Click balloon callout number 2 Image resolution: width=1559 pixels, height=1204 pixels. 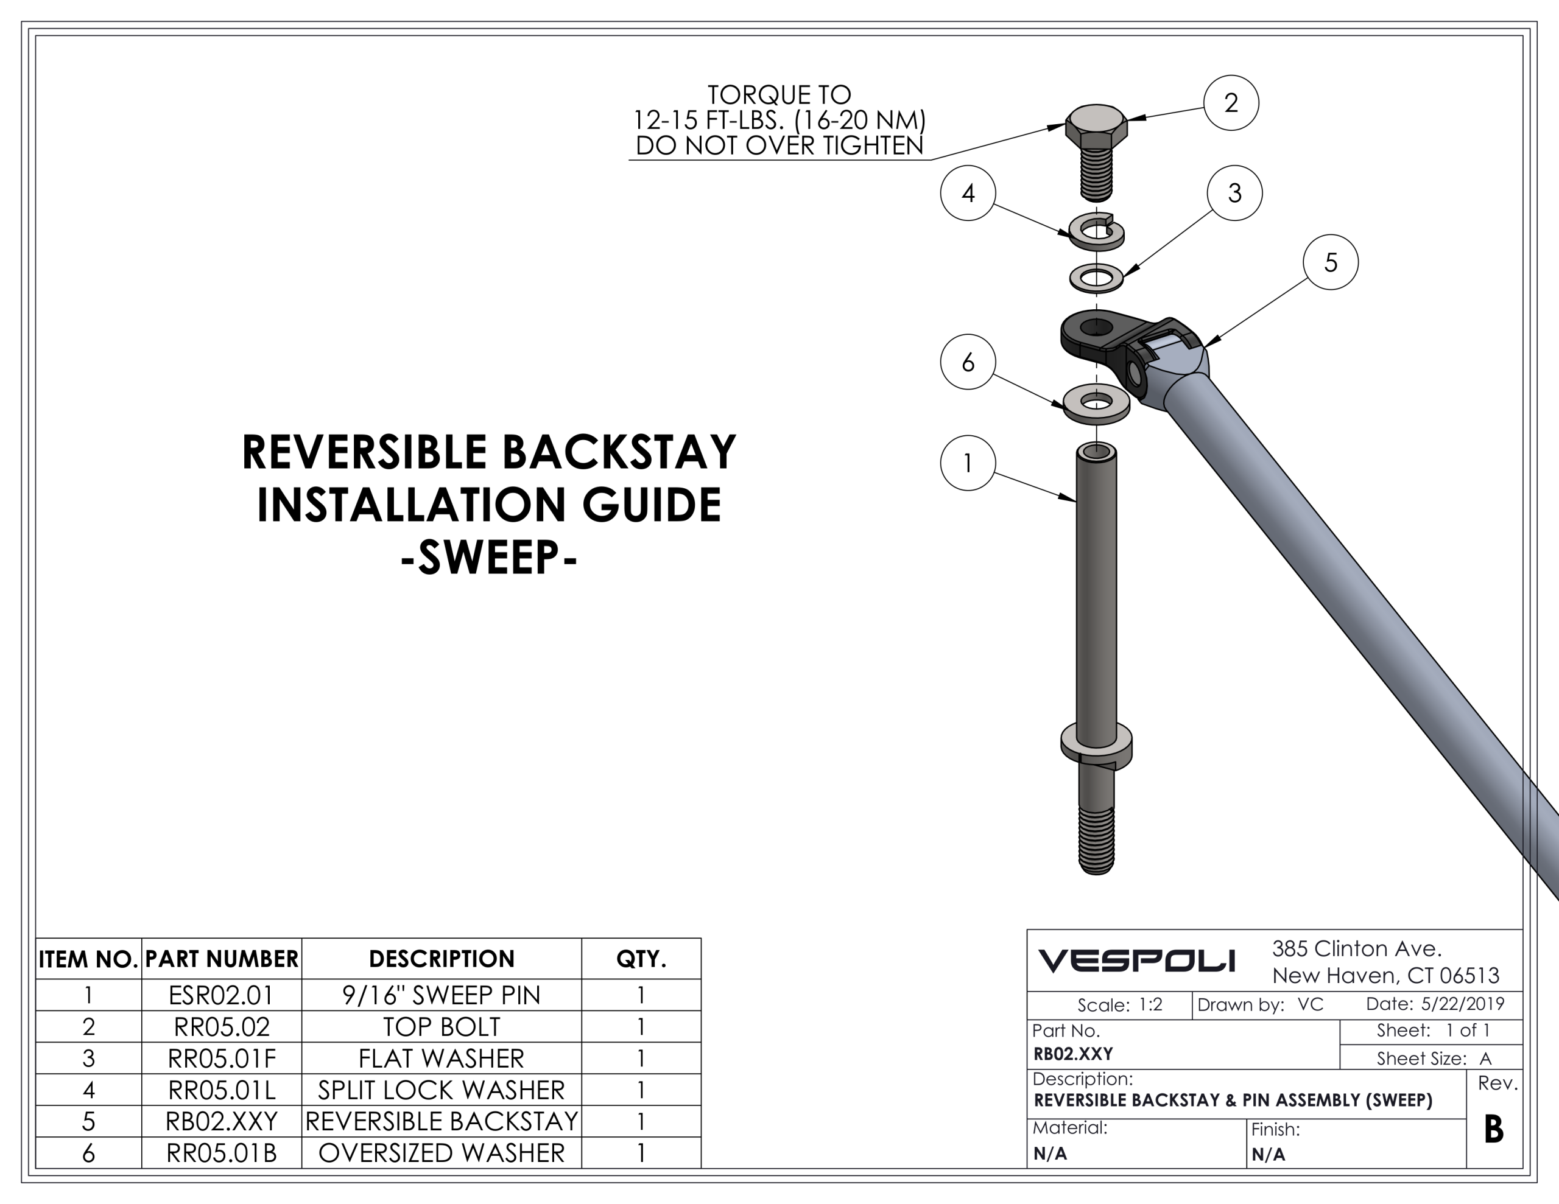[x=1231, y=103]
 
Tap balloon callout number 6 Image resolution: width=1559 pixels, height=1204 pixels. [x=967, y=362]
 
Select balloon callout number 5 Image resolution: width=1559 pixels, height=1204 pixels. [x=1330, y=262]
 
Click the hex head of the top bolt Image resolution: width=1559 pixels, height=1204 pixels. [x=1096, y=127]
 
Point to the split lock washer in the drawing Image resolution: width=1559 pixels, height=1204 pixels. [x=1096, y=232]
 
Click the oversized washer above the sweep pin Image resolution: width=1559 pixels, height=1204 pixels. [x=1096, y=404]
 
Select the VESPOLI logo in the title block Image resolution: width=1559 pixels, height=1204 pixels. [x=1136, y=961]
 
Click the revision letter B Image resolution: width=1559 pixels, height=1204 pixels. [x=1493, y=1129]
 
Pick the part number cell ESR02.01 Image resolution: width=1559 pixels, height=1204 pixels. [x=221, y=995]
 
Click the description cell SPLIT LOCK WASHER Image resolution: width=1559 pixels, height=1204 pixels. [x=441, y=1090]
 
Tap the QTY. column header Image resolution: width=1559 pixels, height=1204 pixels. [x=641, y=959]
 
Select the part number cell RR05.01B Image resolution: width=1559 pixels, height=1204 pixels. [x=221, y=1153]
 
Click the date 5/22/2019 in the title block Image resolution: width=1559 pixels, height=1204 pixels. [x=1462, y=1004]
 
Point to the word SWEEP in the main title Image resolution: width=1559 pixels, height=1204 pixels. [x=489, y=558]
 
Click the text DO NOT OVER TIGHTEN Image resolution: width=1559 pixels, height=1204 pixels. [x=779, y=145]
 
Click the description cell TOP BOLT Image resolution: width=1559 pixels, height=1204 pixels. [x=441, y=1026]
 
